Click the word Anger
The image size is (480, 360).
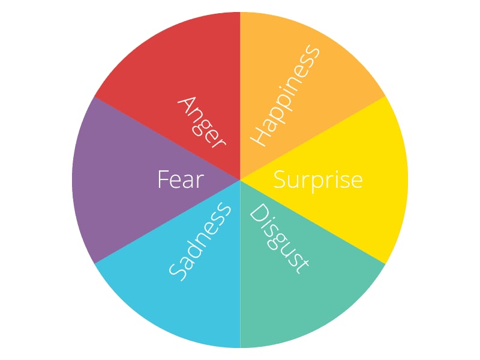(202, 122)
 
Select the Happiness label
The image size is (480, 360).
(285, 95)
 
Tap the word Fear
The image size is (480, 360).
(181, 179)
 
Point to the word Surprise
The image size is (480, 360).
(318, 181)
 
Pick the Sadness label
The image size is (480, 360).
(200, 242)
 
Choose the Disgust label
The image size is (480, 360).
(279, 239)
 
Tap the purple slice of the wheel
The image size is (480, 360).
(122, 180)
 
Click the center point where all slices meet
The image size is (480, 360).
(240, 180)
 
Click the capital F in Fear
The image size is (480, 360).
(163, 179)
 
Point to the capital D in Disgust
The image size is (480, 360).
(259, 213)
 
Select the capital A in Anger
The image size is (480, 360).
(187, 106)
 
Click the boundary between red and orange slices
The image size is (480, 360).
(240, 96)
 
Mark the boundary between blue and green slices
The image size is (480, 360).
(241, 264)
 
